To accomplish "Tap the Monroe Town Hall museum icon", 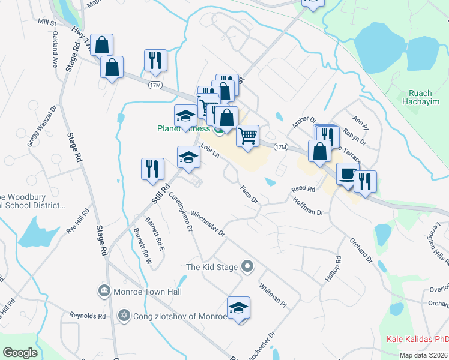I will click(104, 291).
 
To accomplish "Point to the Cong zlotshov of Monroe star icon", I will click(125, 315).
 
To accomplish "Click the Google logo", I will click(20, 353).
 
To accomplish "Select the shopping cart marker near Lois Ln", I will click(247, 136).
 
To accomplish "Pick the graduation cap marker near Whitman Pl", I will click(238, 308).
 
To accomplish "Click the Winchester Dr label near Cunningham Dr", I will click(207, 223).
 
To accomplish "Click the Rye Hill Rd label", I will click(77, 221).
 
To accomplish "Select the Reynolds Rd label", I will click(88, 316).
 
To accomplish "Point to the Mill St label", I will click(46, 22).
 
